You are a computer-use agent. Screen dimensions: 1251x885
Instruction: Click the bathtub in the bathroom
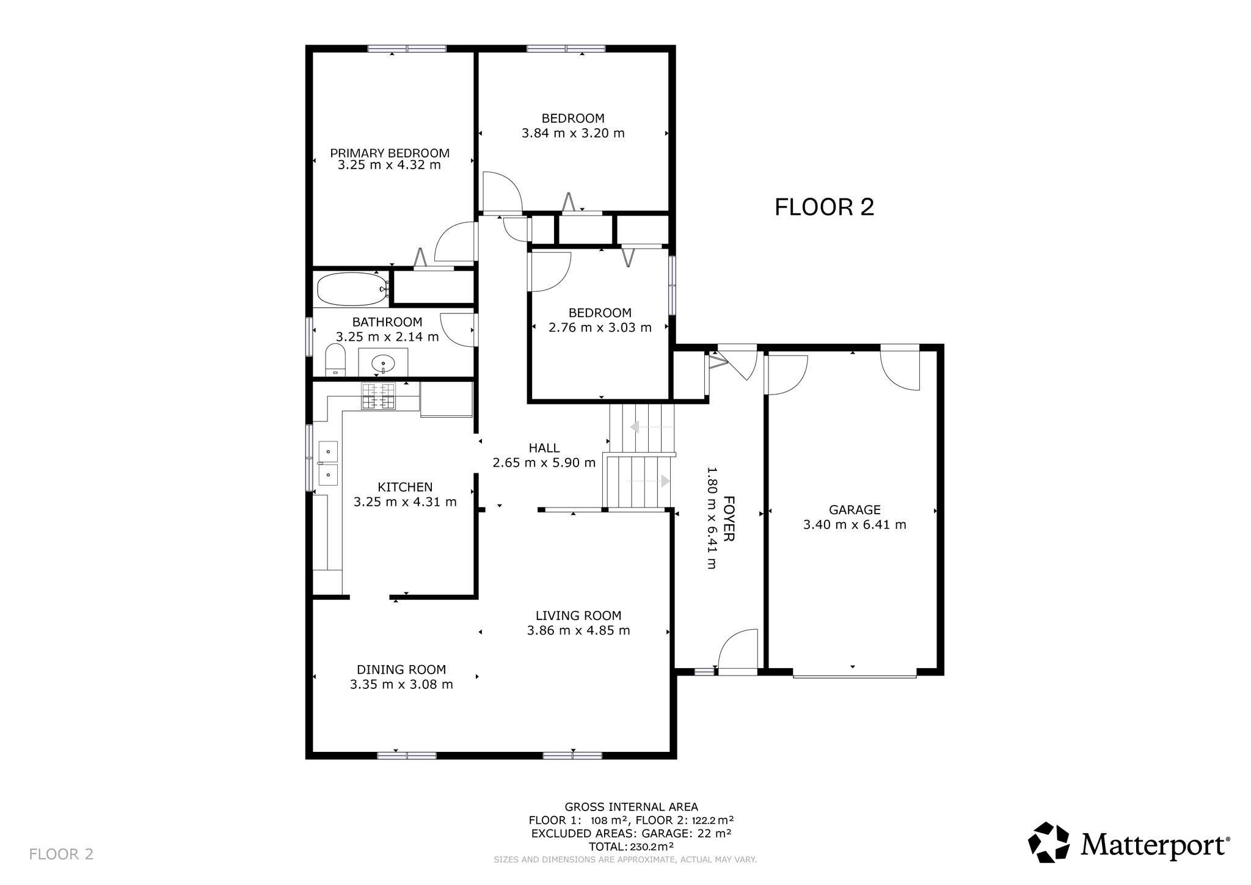pyautogui.click(x=352, y=289)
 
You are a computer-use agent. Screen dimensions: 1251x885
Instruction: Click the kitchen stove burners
pyautogui.click(x=379, y=395)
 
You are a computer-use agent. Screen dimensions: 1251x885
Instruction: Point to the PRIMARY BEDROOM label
pyautogui.click(x=390, y=153)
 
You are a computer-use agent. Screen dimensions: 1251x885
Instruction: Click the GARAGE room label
pyautogui.click(x=855, y=509)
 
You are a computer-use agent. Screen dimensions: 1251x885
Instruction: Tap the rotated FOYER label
pyautogui.click(x=729, y=519)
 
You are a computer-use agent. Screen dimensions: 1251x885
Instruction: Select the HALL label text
pyautogui.click(x=544, y=448)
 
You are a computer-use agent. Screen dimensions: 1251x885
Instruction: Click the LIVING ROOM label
pyautogui.click(x=578, y=616)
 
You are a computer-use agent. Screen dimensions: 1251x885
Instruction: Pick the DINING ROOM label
pyautogui.click(x=401, y=669)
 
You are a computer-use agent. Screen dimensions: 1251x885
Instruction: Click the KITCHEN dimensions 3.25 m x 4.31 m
pyautogui.click(x=405, y=502)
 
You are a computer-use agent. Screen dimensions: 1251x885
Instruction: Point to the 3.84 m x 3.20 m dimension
pyautogui.click(x=573, y=133)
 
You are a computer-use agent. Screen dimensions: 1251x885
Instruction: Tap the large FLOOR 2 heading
pyautogui.click(x=824, y=207)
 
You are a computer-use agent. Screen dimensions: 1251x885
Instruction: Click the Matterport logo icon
pyautogui.click(x=1049, y=842)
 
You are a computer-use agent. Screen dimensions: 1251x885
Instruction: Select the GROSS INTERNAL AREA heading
pyautogui.click(x=631, y=807)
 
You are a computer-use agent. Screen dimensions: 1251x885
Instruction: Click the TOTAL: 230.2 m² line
pyautogui.click(x=631, y=847)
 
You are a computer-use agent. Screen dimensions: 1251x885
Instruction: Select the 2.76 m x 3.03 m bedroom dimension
pyautogui.click(x=600, y=327)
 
